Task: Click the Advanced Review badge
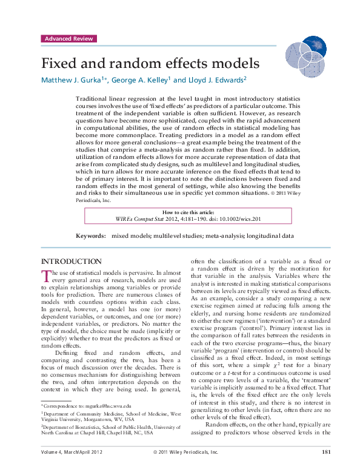[69, 38]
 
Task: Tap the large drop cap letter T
[45, 276]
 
